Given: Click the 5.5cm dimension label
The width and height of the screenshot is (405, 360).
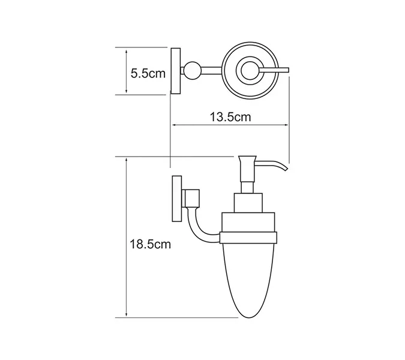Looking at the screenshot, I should pyautogui.click(x=148, y=74).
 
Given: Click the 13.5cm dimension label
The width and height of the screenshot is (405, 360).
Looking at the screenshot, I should pyautogui.click(x=230, y=117).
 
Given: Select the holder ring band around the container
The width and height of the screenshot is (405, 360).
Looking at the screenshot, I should pyautogui.click(x=250, y=238).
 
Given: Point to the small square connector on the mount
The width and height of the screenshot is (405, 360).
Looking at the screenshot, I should pyautogui.click(x=192, y=196).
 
